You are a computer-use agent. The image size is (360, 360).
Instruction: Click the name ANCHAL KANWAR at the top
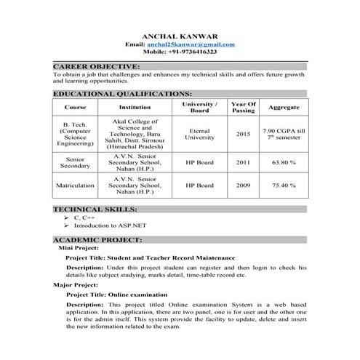[179, 35]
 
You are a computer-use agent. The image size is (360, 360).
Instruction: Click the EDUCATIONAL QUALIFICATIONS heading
[122, 94]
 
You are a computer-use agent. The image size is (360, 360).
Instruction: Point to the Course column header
[76, 107]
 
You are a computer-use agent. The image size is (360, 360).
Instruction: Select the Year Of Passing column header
[243, 107]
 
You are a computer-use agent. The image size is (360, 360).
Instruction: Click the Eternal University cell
[199, 134]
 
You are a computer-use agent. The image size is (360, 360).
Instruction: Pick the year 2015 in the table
[243, 134]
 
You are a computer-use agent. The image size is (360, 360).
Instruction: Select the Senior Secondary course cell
[76, 163]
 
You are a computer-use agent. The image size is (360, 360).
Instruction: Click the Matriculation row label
[76, 186]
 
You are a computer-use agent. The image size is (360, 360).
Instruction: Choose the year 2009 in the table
[243, 186]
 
